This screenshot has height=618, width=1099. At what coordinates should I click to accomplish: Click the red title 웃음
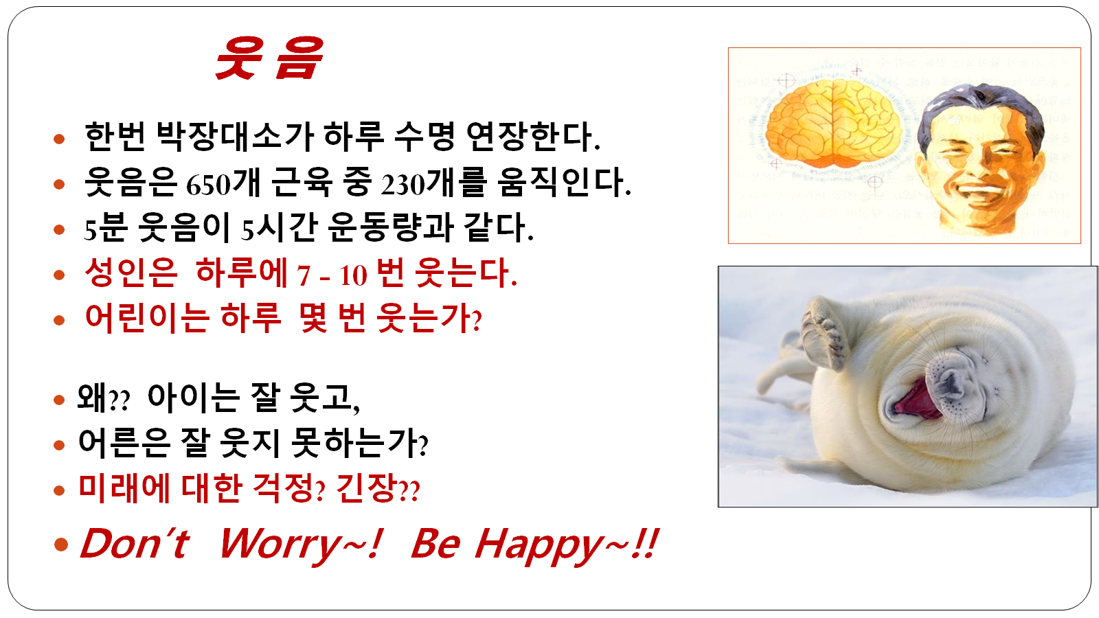click(269, 58)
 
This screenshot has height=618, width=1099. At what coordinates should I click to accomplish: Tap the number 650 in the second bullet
click(208, 185)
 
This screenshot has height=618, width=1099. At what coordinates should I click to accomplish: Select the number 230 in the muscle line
click(403, 185)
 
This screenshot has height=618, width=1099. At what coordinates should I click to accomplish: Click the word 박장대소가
click(234, 137)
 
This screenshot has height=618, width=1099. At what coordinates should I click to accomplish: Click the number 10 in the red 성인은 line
click(353, 275)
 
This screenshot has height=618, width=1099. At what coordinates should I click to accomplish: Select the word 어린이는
click(147, 318)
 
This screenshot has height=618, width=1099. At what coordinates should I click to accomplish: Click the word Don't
click(135, 543)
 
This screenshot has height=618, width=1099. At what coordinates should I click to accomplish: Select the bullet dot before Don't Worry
click(61, 544)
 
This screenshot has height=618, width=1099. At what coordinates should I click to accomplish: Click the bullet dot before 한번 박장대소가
click(59, 139)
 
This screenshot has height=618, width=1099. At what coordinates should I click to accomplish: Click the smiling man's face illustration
click(980, 158)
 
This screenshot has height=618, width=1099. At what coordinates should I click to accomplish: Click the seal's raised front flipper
click(825, 334)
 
